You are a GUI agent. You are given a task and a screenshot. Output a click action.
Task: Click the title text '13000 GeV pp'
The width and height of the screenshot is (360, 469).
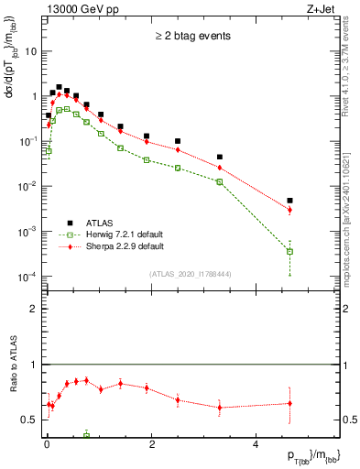coord(77,8)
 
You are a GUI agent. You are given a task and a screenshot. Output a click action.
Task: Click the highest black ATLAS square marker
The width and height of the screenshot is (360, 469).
coord(59,87)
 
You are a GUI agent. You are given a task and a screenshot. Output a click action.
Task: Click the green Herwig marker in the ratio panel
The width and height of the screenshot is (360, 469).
coord(86,434)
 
